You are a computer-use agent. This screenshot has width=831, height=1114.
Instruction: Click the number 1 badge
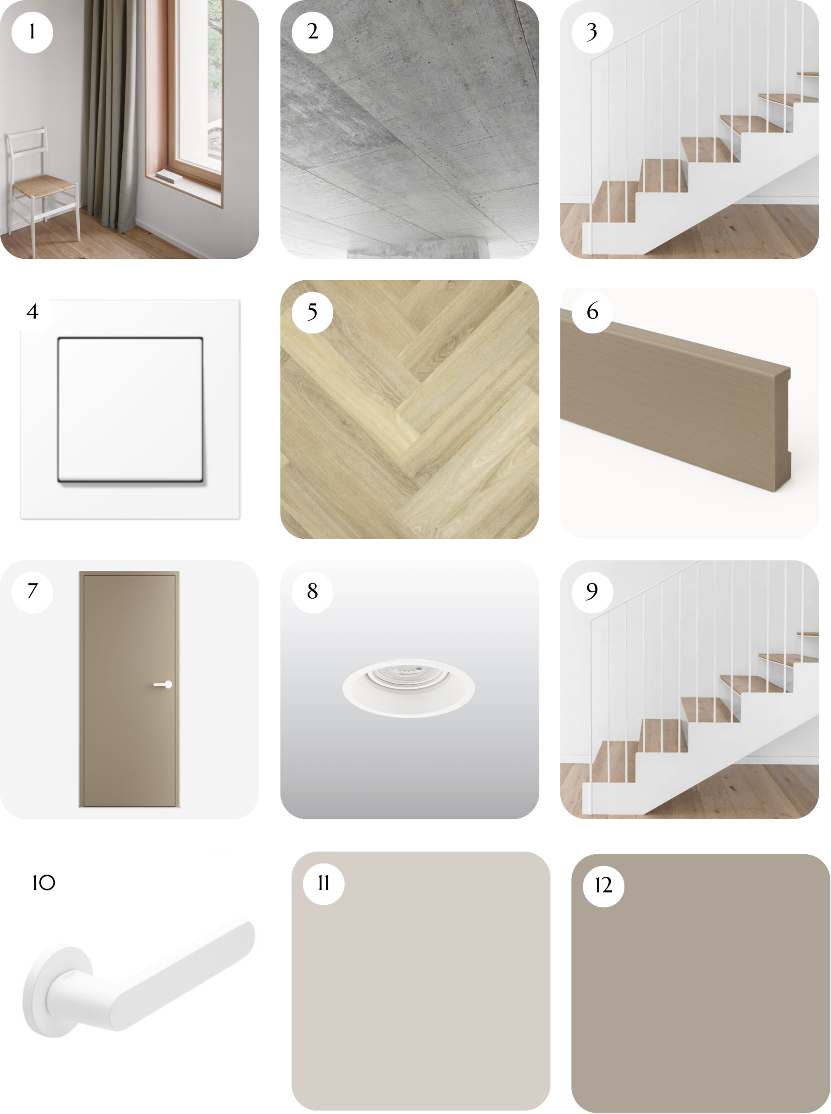click(32, 32)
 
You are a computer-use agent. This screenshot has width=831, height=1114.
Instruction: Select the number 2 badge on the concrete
click(312, 32)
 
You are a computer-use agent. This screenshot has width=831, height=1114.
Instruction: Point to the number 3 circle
click(592, 32)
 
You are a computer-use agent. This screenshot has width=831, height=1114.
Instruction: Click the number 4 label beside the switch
click(33, 312)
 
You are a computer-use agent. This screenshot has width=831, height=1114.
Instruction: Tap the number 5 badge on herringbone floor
click(312, 312)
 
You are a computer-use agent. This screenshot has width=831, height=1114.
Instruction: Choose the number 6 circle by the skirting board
click(593, 312)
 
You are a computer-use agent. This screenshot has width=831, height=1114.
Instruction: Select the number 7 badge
click(32, 592)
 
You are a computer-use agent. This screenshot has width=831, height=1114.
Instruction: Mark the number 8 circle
click(312, 592)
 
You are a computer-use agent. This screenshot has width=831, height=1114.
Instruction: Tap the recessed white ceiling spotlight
click(409, 688)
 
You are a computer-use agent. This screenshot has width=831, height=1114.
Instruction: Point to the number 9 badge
click(592, 592)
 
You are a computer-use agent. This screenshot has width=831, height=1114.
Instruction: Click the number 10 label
click(44, 882)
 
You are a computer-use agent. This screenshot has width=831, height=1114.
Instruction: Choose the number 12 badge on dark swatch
click(603, 886)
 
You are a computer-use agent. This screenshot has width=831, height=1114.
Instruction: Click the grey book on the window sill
click(169, 177)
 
